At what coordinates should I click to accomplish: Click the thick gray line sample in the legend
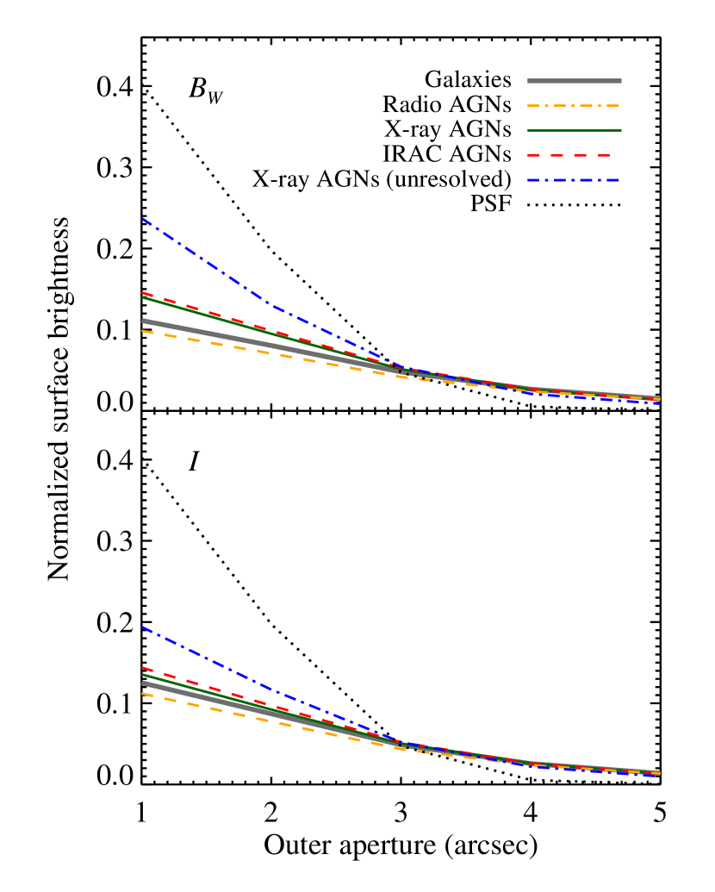coord(574,81)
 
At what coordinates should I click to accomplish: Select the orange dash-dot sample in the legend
coord(574,106)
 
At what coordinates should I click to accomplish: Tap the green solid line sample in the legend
coord(574,131)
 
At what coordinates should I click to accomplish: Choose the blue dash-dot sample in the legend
coord(574,181)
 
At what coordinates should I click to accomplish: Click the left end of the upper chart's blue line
coord(142,218)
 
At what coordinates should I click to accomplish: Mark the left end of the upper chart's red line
coord(142,293)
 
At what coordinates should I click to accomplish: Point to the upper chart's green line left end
coord(142,298)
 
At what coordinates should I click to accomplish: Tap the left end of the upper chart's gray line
coord(142,321)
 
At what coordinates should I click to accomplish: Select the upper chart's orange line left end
coord(142,331)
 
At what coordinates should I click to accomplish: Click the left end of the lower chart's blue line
coord(142,627)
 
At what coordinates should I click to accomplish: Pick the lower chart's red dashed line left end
coord(142,667)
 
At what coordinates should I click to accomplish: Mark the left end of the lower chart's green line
coord(142,675)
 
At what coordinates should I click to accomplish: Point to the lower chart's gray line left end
coord(142,683)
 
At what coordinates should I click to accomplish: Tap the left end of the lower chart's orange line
coord(142,694)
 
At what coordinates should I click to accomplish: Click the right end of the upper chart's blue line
coord(660,403)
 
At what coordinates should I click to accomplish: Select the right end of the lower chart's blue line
coord(660,776)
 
